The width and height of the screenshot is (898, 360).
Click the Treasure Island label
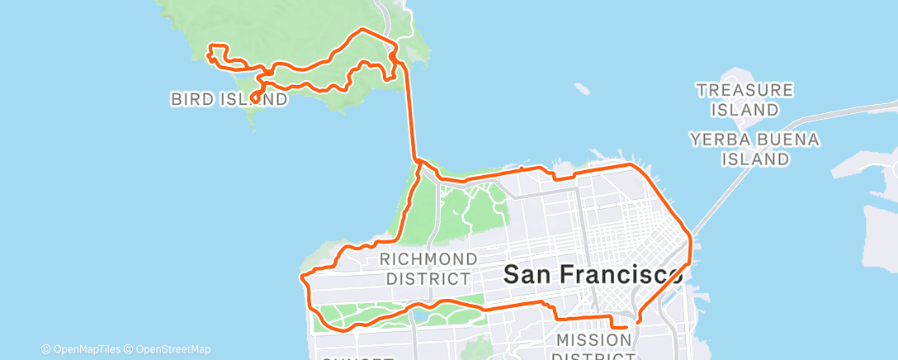click(x=744, y=98)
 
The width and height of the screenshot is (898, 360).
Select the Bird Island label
click(x=229, y=100)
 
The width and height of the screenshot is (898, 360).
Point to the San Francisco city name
click(x=593, y=274)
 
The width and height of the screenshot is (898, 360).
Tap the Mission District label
click(x=594, y=348)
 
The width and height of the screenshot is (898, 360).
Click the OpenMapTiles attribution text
click(x=86, y=349)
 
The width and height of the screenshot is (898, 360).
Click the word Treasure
click(x=744, y=88)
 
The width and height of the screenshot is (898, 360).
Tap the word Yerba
click(x=718, y=140)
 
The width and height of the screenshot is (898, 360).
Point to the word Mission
click(x=594, y=339)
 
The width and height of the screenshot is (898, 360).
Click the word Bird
click(x=191, y=100)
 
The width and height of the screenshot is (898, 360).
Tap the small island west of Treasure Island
click(x=582, y=87)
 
